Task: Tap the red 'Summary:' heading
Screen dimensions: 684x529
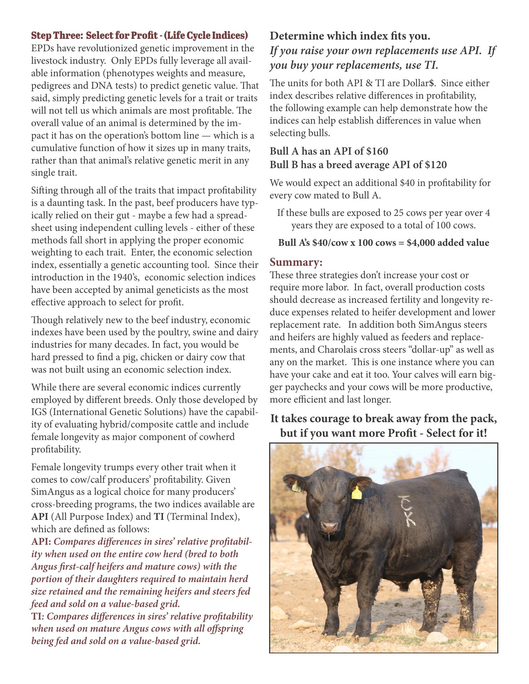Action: click(x=296, y=263)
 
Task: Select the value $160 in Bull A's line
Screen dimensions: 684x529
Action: click(x=377, y=151)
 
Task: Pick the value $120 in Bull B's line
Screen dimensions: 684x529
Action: click(x=435, y=165)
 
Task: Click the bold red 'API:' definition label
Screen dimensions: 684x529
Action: click(x=41, y=542)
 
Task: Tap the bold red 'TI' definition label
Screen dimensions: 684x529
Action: click(x=37, y=616)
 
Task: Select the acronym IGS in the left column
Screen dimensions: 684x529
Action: click(x=39, y=412)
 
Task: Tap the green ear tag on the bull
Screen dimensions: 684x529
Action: click(x=296, y=486)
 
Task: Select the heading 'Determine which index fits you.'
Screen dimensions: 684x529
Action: click(x=350, y=36)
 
